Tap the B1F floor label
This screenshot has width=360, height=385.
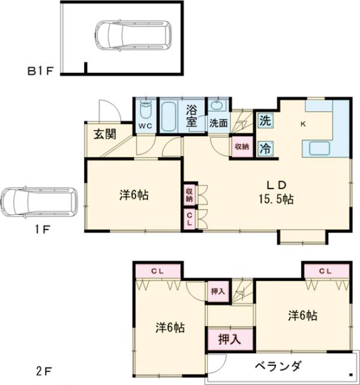pos(41,71)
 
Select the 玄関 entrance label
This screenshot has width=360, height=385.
pos(104,133)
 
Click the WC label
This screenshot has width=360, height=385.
pos(146,126)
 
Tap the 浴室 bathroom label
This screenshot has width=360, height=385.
pos(191,115)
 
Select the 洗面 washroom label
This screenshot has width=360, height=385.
pos(218,123)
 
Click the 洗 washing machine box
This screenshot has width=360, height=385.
pos(265,119)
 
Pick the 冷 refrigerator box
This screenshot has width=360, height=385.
pos(265,148)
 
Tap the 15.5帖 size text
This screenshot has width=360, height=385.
pos(277,198)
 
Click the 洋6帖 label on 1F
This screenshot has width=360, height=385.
pos(133,195)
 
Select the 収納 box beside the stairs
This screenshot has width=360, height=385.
pos(241,146)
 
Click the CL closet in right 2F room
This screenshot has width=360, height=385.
pos(325,271)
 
